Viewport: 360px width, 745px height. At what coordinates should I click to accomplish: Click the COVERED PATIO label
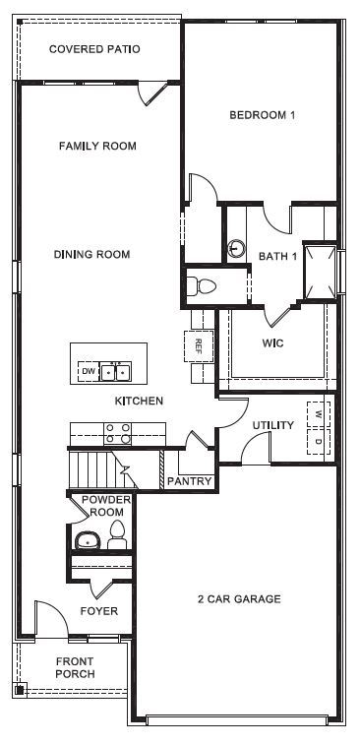point(94,48)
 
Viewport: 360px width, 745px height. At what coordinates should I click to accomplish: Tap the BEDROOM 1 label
point(263,115)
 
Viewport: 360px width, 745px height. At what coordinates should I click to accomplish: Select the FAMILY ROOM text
point(96,147)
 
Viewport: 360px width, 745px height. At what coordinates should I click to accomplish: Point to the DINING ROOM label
point(91,255)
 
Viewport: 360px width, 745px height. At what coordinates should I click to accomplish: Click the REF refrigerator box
point(198,345)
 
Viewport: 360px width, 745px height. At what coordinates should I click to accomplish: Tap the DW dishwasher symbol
point(89,371)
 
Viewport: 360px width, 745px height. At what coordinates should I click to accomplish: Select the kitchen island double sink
point(117,371)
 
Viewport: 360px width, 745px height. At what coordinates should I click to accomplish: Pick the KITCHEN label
point(139,401)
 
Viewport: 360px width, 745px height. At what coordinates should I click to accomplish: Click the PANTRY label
point(189,481)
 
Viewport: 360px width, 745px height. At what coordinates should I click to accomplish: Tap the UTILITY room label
point(272,425)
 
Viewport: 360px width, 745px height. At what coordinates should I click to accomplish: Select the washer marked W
point(319,412)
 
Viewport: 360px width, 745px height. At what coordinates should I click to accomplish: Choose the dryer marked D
point(319,441)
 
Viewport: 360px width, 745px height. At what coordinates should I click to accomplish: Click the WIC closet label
point(272,343)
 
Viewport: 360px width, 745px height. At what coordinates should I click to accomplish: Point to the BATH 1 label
point(277,256)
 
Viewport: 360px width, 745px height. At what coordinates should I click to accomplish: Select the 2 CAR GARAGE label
point(239,598)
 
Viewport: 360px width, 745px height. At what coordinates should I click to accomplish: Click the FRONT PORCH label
point(75,667)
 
